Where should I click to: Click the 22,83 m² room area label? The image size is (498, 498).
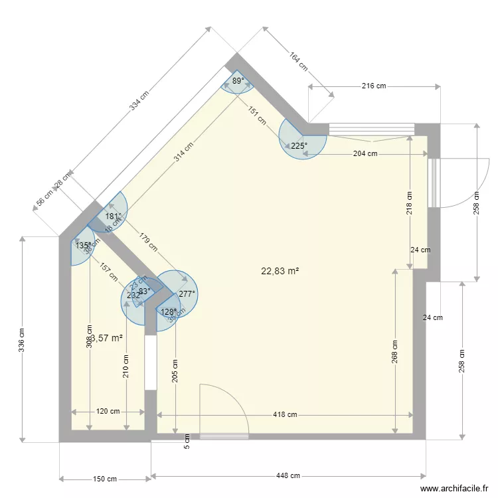(280, 271)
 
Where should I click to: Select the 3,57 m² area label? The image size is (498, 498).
(107, 338)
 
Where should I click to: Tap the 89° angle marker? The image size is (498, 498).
(238, 81)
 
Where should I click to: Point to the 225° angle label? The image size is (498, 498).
(299, 146)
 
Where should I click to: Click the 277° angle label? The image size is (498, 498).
(187, 294)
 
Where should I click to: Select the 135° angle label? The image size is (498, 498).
(82, 246)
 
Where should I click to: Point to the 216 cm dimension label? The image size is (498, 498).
(373, 86)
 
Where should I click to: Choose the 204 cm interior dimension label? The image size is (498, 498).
(365, 153)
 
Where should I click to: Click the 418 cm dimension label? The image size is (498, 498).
(284, 414)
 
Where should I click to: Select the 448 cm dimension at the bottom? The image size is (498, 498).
(288, 475)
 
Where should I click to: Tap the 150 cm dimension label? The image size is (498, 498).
(104, 479)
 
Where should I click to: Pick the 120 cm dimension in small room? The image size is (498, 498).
(108, 411)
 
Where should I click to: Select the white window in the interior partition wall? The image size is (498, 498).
(151, 363)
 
